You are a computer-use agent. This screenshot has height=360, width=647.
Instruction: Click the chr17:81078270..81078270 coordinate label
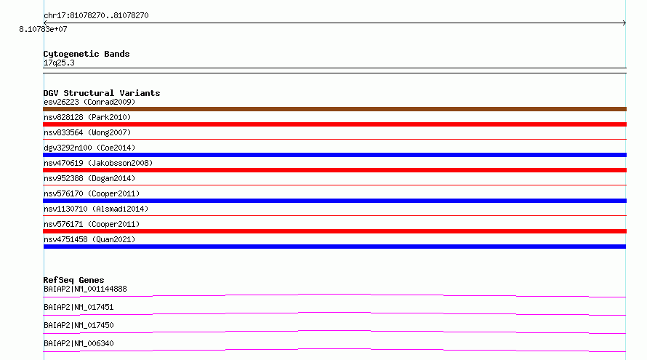coord(96,16)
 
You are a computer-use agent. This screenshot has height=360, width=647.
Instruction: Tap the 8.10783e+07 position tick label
coord(43,29)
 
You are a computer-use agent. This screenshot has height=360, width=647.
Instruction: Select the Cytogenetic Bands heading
coord(87,54)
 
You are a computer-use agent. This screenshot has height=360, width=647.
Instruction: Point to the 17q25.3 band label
coord(59,63)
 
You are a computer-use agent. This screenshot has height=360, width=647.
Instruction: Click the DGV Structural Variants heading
coord(102,93)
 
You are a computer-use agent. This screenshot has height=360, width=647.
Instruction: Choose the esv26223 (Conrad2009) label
coord(89,102)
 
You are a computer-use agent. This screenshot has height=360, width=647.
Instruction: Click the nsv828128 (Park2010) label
coord(87,117)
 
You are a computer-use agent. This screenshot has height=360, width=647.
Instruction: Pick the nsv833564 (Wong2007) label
coord(87,132)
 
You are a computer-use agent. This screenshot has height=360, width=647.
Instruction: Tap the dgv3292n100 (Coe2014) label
coord(89,148)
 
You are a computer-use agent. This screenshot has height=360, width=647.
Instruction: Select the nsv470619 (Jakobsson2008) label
coord(98,163)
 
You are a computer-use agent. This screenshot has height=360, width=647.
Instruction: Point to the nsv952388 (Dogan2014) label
coord(89,178)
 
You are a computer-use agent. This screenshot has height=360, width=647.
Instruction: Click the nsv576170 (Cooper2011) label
coord(92,193)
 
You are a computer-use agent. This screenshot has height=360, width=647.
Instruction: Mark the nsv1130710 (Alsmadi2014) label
coord(96,209)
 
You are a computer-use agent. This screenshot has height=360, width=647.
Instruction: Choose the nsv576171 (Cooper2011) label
coord(92,224)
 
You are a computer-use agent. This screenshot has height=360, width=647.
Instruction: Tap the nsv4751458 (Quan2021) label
coord(89,239)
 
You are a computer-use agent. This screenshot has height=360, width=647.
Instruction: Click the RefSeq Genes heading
coord(74,280)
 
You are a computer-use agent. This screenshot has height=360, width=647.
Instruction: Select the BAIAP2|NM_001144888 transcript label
coord(85,289)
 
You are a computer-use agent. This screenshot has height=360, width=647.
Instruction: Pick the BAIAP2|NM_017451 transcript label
coord(79,307)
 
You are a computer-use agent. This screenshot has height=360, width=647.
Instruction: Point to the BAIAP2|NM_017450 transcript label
coord(79,325)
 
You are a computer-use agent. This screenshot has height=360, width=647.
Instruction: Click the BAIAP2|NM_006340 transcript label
coord(79,343)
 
